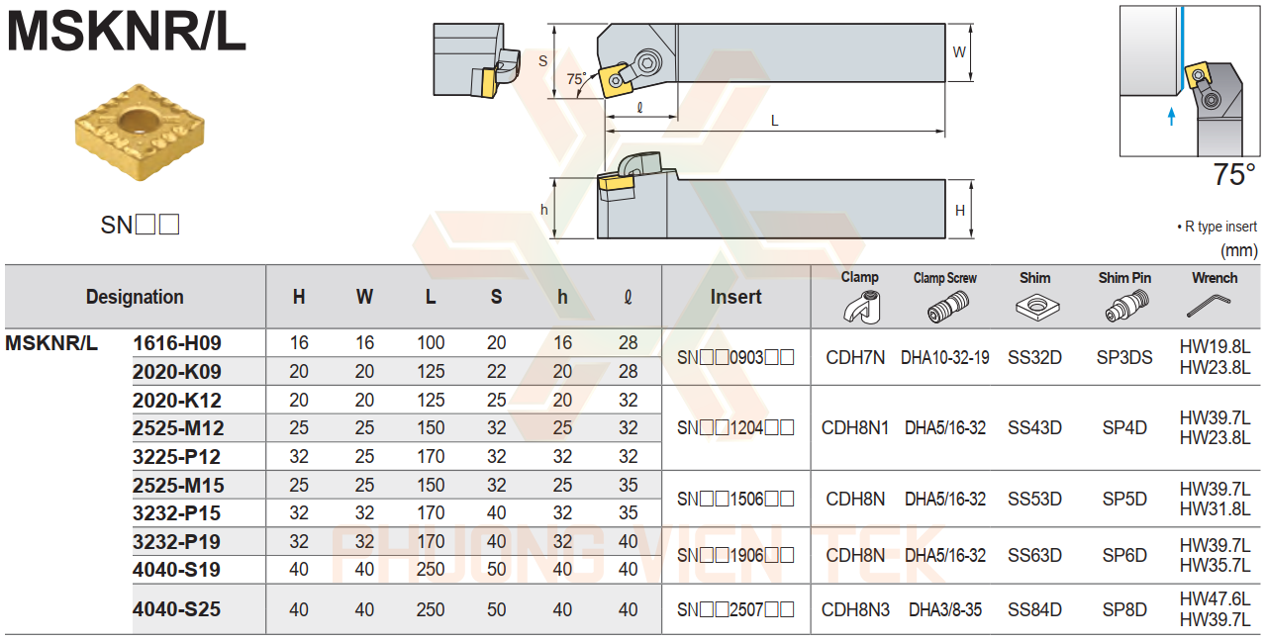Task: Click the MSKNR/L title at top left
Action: tap(127, 32)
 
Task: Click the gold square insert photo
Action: tap(140, 133)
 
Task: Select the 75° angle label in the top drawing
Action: tap(576, 78)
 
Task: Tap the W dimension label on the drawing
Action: tap(958, 52)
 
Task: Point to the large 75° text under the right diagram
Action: tap(1234, 175)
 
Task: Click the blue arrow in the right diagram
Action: tap(1172, 116)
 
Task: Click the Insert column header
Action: tap(735, 297)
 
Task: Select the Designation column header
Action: tap(135, 297)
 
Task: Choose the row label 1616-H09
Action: tap(177, 343)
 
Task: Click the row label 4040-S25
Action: tap(177, 609)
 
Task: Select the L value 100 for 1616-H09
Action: tap(431, 343)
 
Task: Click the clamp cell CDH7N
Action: tap(855, 357)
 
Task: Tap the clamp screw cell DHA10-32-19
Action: tap(944, 357)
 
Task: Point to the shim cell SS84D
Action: tap(1034, 609)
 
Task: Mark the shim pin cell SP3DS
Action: tap(1124, 357)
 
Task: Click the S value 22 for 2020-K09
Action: tap(496, 372)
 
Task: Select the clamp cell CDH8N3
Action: tap(855, 609)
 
